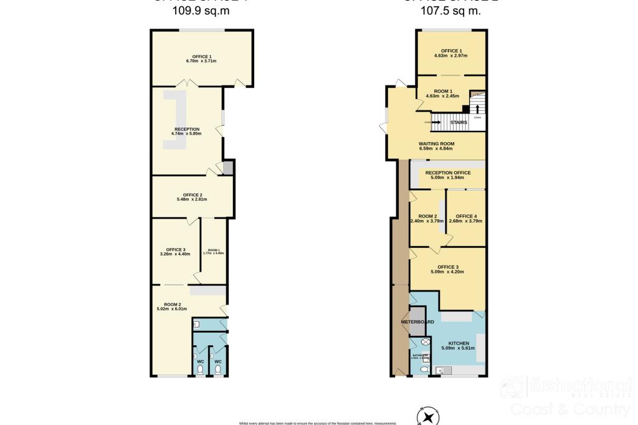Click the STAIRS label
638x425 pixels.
coord(459,123)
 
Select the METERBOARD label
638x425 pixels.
coord(417,322)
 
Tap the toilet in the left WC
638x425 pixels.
coord(201,368)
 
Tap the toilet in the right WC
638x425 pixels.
coord(218,368)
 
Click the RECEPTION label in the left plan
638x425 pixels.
coord(187,129)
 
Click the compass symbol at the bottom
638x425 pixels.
coord(427,416)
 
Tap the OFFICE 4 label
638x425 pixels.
coord(467,216)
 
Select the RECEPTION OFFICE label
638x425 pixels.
coord(448,173)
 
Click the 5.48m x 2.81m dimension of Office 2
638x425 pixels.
coord(192,199)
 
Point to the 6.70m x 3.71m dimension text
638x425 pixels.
coord(201,61)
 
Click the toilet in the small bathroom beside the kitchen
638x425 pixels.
coord(424,369)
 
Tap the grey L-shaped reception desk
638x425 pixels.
coord(176,122)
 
